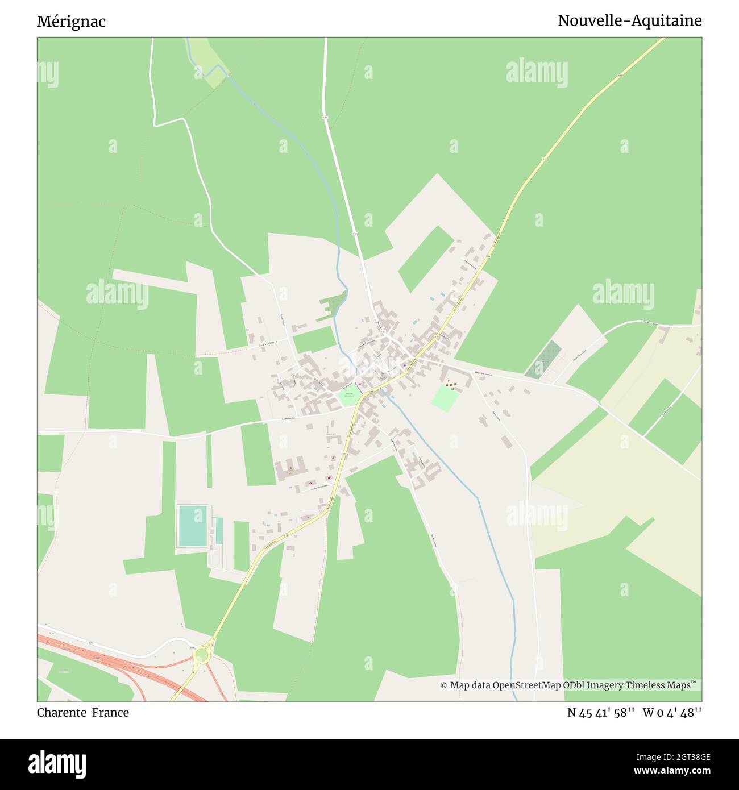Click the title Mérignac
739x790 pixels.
click(71, 22)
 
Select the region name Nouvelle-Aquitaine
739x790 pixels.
click(629, 21)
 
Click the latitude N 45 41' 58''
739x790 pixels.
click(600, 713)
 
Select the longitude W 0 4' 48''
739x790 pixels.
click(672, 713)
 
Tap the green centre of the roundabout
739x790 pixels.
click(201, 657)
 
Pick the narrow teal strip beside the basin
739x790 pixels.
click(219, 531)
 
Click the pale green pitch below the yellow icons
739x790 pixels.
click(445, 399)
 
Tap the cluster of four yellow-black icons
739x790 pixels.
click(451, 385)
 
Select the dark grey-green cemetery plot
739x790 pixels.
click(543, 360)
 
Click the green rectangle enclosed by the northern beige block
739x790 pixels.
click(426, 259)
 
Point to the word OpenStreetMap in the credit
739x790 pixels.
click(526, 685)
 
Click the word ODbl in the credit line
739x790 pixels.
click(577, 685)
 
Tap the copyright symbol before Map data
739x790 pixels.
click(443, 685)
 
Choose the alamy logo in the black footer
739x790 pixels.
click(57, 763)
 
